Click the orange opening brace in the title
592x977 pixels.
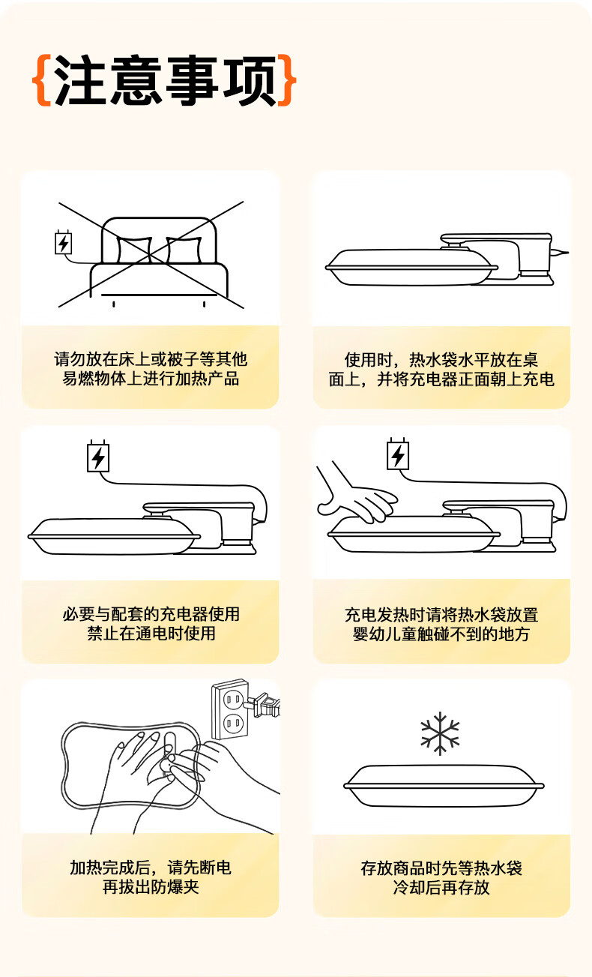(x=42, y=80)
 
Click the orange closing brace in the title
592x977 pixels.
(x=287, y=80)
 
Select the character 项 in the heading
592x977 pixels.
(x=250, y=80)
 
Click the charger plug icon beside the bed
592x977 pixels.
(x=63, y=242)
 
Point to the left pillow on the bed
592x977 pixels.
(x=134, y=250)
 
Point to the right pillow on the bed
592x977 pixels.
(x=184, y=250)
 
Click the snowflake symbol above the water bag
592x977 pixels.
(x=440, y=733)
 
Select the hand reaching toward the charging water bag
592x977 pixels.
(x=355, y=492)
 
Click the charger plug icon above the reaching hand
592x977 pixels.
(x=398, y=454)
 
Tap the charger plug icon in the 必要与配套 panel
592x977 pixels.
(x=98, y=456)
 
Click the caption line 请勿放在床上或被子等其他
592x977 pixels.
(x=151, y=359)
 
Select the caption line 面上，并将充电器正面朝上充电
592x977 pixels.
(x=441, y=379)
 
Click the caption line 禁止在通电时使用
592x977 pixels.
(x=151, y=633)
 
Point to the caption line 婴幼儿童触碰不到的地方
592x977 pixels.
(x=441, y=634)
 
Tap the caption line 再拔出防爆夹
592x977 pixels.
(x=151, y=887)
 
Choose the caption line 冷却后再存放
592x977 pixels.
(x=441, y=887)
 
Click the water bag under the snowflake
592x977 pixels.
(x=444, y=786)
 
